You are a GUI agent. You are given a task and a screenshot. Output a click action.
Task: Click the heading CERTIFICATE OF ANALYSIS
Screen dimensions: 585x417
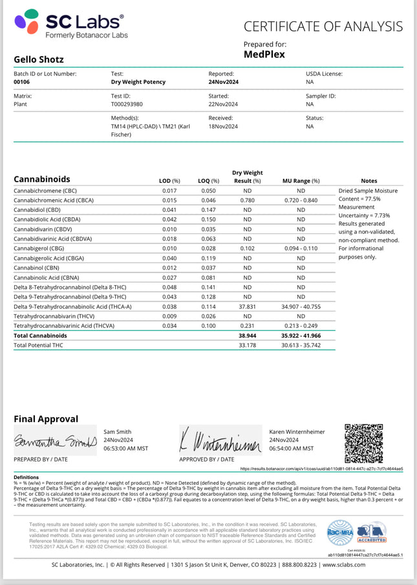pyautogui.click(x=323, y=26)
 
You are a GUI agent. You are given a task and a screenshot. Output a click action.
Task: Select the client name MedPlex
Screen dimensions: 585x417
pyautogui.click(x=265, y=54)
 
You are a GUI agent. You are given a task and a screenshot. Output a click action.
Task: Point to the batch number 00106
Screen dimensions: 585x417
pyautogui.click(x=23, y=82)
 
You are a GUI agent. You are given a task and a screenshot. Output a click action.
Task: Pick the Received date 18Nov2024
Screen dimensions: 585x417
pyautogui.click(x=223, y=127)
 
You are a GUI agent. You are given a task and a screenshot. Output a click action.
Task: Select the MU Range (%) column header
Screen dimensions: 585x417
pyautogui.click(x=301, y=181)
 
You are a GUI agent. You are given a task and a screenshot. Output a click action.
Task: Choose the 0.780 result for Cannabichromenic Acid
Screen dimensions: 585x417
pyautogui.click(x=247, y=200)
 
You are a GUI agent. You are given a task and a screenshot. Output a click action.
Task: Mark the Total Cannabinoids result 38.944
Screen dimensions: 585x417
pyautogui.click(x=247, y=336)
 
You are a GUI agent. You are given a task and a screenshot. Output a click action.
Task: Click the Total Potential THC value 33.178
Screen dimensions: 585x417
pyautogui.click(x=247, y=346)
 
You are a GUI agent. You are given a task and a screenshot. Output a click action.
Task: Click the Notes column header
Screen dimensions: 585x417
pyautogui.click(x=369, y=181)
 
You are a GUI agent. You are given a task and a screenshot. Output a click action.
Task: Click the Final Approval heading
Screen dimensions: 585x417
pyautogui.click(x=46, y=419)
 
